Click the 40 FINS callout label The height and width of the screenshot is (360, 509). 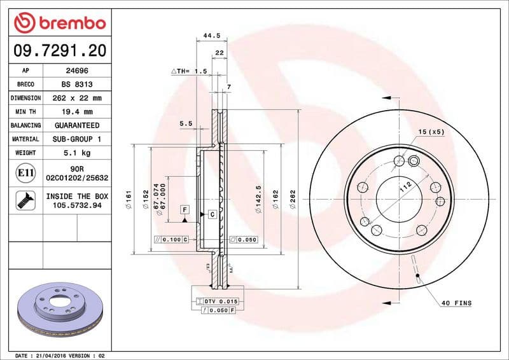tap(456, 303)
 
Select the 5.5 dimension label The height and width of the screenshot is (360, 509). tap(186, 123)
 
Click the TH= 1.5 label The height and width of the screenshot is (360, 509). tap(190, 72)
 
